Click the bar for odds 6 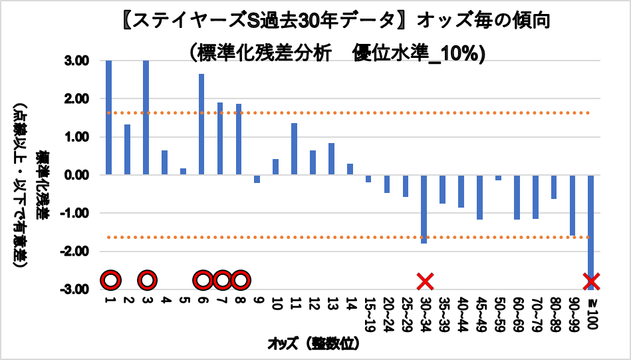[x=201, y=124]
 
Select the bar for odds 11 [x=294, y=149]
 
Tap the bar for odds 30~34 [x=424, y=209]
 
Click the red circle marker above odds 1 [x=110, y=281]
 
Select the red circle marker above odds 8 [x=240, y=281]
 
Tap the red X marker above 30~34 [x=425, y=281]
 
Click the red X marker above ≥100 [x=591, y=281]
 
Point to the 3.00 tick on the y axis [x=78, y=61]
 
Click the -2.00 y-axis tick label [x=76, y=252]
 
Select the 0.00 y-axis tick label [x=78, y=176]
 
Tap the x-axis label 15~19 [x=368, y=314]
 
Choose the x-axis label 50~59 [x=497, y=314]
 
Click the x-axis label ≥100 [x=590, y=311]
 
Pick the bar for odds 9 [x=257, y=179]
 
